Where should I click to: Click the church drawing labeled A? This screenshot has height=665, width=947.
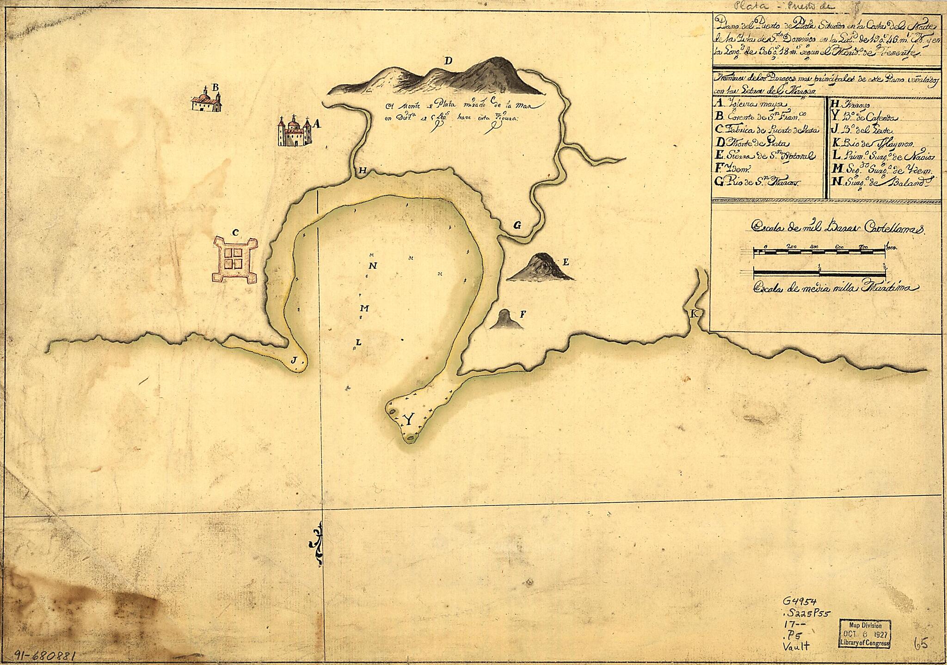pyautogui.click(x=293, y=131)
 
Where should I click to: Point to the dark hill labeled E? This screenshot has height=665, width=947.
pyautogui.click(x=540, y=268)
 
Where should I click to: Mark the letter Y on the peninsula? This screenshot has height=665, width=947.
pyautogui.click(x=408, y=419)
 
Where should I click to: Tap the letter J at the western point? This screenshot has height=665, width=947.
pyautogui.click(x=294, y=360)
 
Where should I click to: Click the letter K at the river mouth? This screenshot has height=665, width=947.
pyautogui.click(x=694, y=314)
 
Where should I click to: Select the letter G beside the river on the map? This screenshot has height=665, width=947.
pyautogui.click(x=517, y=226)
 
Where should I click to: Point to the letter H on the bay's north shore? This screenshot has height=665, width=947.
pyautogui.click(x=363, y=172)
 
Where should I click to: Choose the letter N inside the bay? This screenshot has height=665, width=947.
pyautogui.click(x=373, y=266)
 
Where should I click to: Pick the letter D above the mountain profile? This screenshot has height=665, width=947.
pyautogui.click(x=448, y=61)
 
